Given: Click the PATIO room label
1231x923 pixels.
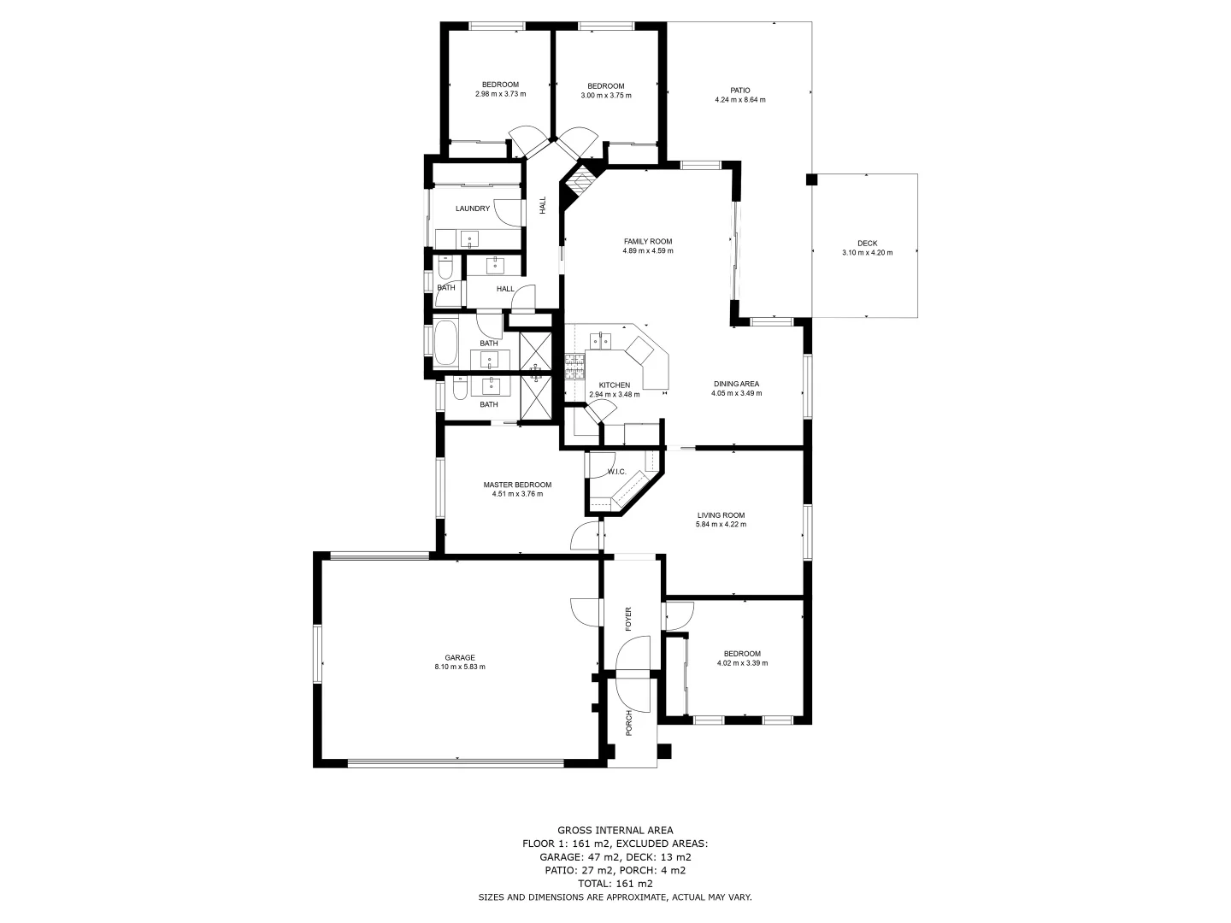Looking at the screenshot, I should pos(739,90).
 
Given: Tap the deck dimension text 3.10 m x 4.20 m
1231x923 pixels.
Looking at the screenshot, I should pos(867,253).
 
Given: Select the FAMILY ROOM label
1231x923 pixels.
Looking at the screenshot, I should pos(648,241).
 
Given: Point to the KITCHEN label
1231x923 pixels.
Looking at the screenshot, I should pos(614,385).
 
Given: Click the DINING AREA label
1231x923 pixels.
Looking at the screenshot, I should pos(736,384).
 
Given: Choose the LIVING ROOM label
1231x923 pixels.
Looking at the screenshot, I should pos(721,515).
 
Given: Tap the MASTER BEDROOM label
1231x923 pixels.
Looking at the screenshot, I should pos(516,485).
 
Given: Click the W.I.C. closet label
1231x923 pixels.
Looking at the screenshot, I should pos(616,473).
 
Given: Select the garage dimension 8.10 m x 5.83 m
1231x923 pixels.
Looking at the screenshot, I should pos(460,667).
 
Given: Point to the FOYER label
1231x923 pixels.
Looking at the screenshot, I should pos(628,619).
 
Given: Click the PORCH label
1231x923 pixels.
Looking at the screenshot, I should pos(628,723).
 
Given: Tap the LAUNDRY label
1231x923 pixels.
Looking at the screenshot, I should pos(472,209).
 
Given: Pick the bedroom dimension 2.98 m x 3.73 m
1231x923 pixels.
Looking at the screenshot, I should pos(500,94).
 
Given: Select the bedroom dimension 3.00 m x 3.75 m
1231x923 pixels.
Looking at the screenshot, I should pos(605,96).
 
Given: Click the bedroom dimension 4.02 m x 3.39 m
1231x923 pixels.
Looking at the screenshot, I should pos(741,663).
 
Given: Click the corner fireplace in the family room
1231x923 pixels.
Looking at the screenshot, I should pos(581,182).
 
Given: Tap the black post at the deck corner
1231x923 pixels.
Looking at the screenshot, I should pos(810,180).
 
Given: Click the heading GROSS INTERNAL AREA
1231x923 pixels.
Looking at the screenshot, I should pos(615,830).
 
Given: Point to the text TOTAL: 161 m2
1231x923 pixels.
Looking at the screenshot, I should pos(615,884).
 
